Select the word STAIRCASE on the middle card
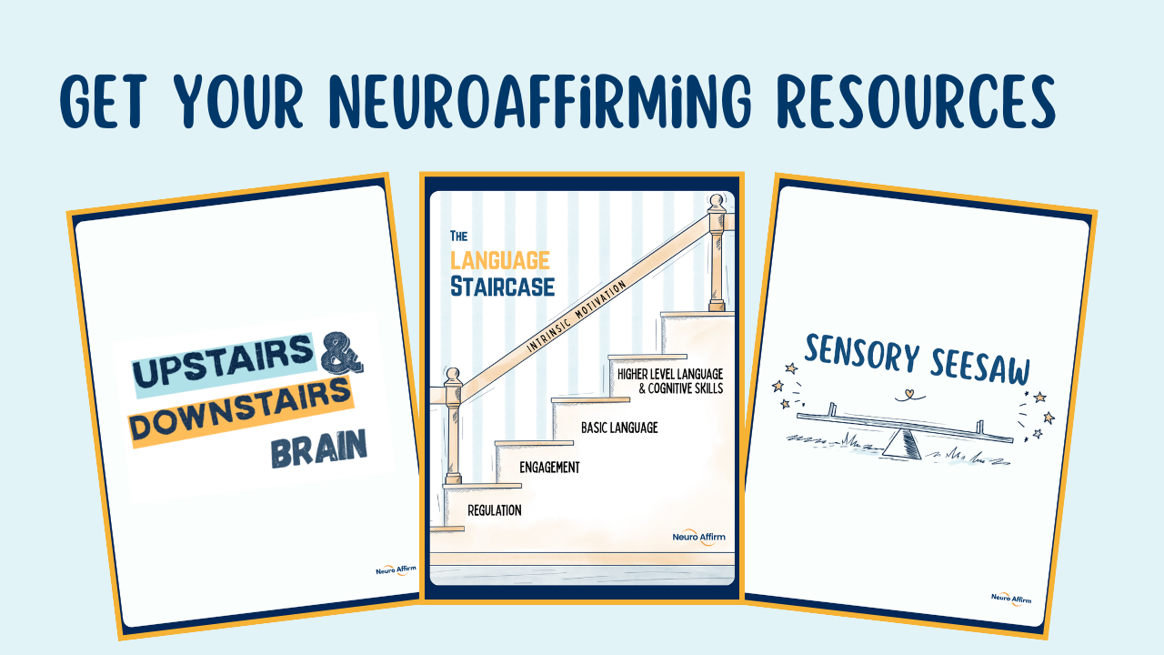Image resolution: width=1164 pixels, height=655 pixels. (502, 287)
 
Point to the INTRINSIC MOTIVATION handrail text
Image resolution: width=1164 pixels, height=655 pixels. (577, 316)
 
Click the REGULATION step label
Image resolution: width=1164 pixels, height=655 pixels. (495, 510)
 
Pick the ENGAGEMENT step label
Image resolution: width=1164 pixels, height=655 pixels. (549, 468)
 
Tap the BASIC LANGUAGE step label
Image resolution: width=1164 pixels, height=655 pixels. (618, 427)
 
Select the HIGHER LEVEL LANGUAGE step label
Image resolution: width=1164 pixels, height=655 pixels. (670, 374)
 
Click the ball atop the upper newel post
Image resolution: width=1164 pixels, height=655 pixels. (717, 202)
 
